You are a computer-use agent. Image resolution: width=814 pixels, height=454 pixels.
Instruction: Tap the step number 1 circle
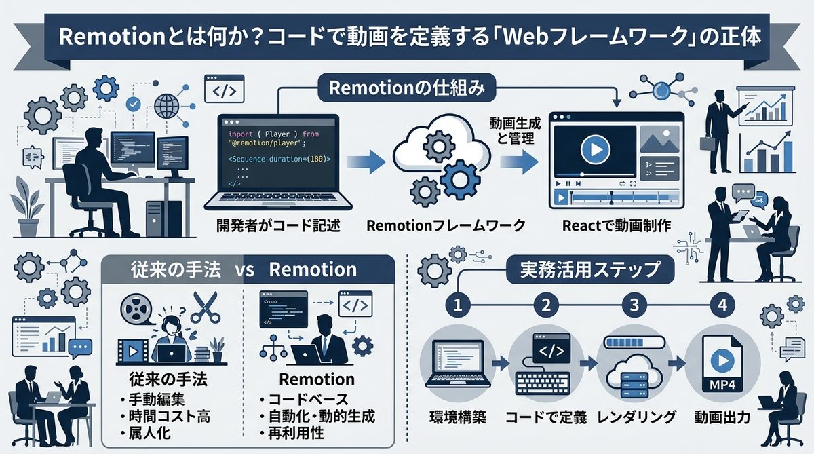click(x=458, y=305)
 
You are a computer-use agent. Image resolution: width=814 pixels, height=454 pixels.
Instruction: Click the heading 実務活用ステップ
click(x=591, y=270)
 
